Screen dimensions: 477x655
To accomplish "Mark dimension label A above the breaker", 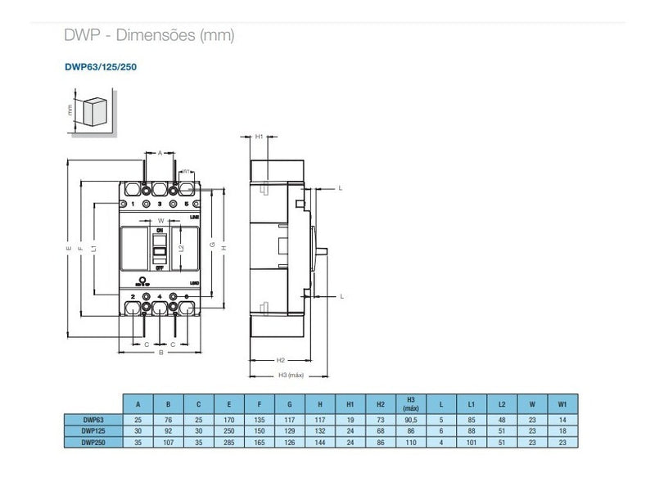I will pyautogui.click(x=160, y=152).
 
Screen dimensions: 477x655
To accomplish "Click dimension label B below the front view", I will pyautogui.click(x=161, y=353).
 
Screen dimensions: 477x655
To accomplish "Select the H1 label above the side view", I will pyautogui.click(x=259, y=137).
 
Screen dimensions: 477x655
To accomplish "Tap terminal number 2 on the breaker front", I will pyautogui.click(x=133, y=295).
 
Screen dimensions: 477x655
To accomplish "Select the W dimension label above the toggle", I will pyautogui.click(x=160, y=221).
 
